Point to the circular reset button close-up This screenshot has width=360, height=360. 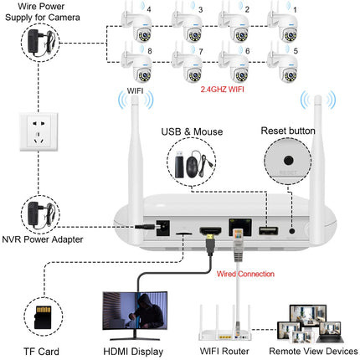point(287,162)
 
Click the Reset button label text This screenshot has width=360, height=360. point(287,131)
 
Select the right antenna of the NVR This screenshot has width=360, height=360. point(317,143)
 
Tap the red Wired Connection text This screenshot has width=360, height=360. point(240,272)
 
